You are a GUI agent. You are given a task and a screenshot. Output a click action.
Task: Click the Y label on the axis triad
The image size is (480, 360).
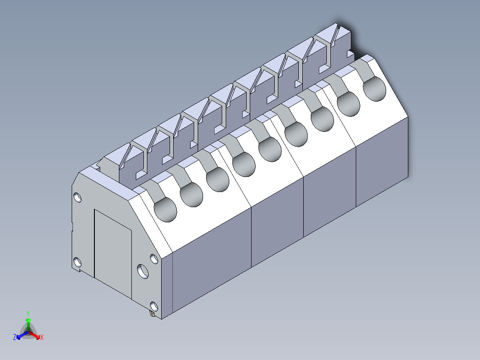click(x=28, y=313)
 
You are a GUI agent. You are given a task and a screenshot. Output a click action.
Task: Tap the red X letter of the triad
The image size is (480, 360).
click(x=42, y=338)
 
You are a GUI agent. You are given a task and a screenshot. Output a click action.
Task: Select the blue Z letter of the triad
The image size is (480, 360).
click(x=15, y=337)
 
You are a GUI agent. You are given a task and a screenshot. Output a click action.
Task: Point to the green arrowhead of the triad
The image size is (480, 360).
click(x=28, y=320)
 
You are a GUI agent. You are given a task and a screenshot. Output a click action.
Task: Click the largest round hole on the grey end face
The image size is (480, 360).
click(x=143, y=271)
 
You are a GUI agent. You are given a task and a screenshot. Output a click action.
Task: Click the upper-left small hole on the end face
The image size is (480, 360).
click(x=77, y=196)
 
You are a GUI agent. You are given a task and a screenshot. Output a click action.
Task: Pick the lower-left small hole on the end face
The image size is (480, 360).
click(x=77, y=262)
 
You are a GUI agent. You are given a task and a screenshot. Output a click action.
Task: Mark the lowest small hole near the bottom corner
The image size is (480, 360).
click(x=154, y=306)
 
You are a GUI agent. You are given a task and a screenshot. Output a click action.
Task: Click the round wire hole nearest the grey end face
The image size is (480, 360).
click(x=165, y=210)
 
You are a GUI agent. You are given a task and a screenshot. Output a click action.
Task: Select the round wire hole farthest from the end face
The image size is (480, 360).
click(x=375, y=89)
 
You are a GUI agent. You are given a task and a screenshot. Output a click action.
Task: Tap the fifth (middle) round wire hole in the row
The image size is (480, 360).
click(x=270, y=150)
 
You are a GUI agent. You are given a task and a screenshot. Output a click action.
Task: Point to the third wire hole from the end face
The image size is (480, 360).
click(x=218, y=180)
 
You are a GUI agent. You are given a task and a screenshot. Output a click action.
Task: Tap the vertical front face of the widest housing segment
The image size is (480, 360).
click(x=212, y=258)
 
